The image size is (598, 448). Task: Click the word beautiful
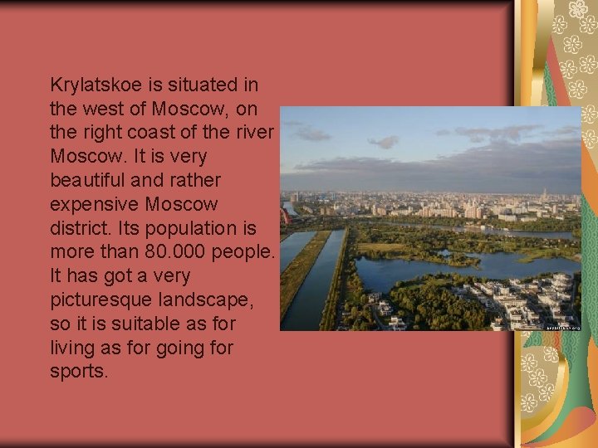coord(93,180)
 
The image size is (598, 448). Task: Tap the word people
coord(244,251)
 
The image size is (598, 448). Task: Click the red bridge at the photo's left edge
coord(284,217)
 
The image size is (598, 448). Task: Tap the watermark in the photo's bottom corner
coord(563,327)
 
